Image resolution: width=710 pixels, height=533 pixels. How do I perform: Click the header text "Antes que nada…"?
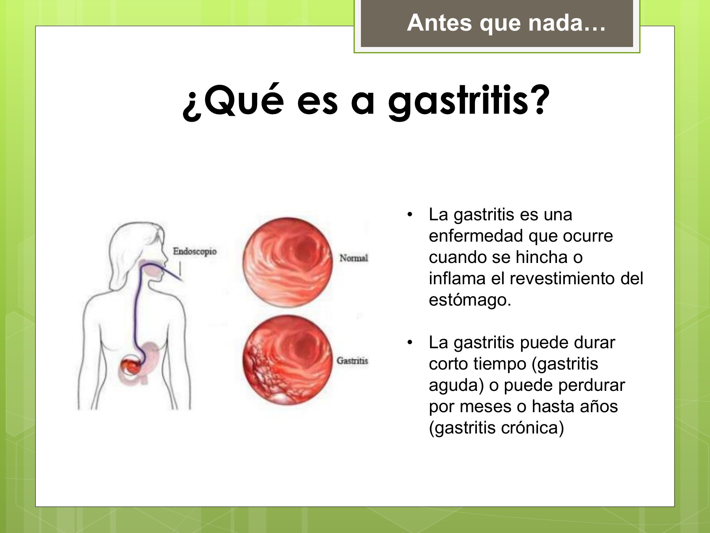(x=506, y=23)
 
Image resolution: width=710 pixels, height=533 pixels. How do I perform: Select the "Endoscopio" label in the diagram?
(x=195, y=251)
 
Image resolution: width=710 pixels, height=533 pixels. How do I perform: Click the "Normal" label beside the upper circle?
(x=354, y=258)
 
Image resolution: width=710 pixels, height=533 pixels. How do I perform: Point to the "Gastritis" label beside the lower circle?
(x=352, y=360)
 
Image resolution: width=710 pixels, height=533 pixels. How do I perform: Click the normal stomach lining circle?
(x=288, y=263)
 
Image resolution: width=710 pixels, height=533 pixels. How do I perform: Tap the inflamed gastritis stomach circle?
(x=288, y=360)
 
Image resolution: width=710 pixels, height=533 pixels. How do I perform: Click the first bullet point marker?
(x=410, y=215)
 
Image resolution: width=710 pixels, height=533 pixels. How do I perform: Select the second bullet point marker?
(x=410, y=343)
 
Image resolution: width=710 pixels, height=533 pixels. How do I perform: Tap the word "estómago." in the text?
(x=470, y=300)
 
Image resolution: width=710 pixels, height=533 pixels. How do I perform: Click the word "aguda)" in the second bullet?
(x=456, y=385)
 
